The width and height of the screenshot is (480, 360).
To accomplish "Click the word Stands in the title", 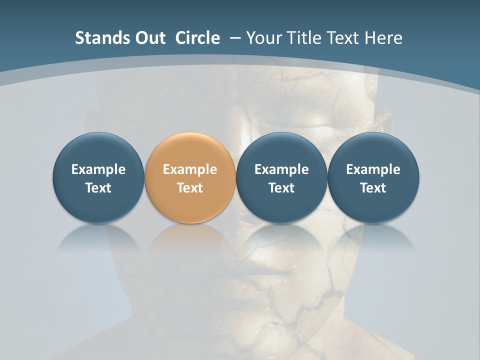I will pyautogui.click(x=95, y=38).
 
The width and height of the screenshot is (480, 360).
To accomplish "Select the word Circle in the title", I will pyautogui.click(x=197, y=38).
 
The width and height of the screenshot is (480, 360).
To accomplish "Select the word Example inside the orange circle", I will pyautogui.click(x=190, y=169).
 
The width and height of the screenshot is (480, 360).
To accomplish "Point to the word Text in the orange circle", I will pyautogui.click(x=190, y=188).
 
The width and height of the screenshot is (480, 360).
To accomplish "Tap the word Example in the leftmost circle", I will pyautogui.click(x=98, y=169).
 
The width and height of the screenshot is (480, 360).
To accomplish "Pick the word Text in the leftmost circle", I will pyautogui.click(x=98, y=188).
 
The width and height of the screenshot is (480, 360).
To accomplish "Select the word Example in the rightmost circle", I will pyautogui.click(x=373, y=169).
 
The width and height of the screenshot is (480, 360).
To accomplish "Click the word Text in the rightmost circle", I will pyautogui.click(x=373, y=188).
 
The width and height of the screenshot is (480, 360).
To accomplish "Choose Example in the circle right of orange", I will pyautogui.click(x=281, y=169).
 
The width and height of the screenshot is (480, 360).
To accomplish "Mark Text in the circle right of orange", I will pyautogui.click(x=281, y=188).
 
